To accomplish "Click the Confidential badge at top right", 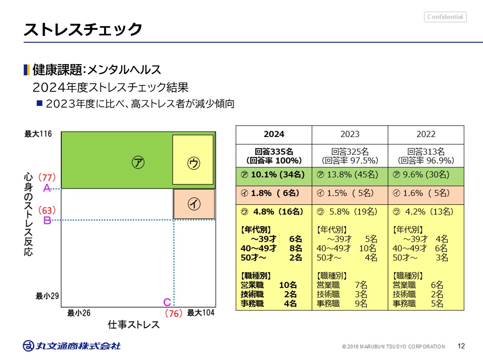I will click(x=445, y=17).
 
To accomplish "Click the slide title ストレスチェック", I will click(x=83, y=29).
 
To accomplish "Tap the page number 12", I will click(x=461, y=346).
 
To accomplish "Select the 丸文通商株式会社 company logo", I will click(x=72, y=346).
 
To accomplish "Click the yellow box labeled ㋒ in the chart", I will click(x=193, y=160).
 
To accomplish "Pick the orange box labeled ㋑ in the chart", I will click(x=194, y=204).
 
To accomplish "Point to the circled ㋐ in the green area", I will click(x=137, y=162).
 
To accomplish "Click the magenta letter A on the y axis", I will click(x=46, y=188).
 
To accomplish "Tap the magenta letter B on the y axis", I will click(x=47, y=220).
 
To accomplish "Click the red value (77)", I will click(x=47, y=177).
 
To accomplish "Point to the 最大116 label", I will click(x=38, y=134).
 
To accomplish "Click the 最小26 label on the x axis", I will click(x=79, y=313).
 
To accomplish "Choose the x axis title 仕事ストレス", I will click(x=134, y=324).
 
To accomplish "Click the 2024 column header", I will click(x=274, y=134).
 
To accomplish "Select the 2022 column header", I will click(x=426, y=134).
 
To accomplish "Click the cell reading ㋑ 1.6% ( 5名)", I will click(x=426, y=193).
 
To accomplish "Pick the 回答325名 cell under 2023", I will click(x=350, y=156).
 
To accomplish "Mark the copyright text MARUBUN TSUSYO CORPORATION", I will click(x=394, y=347).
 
